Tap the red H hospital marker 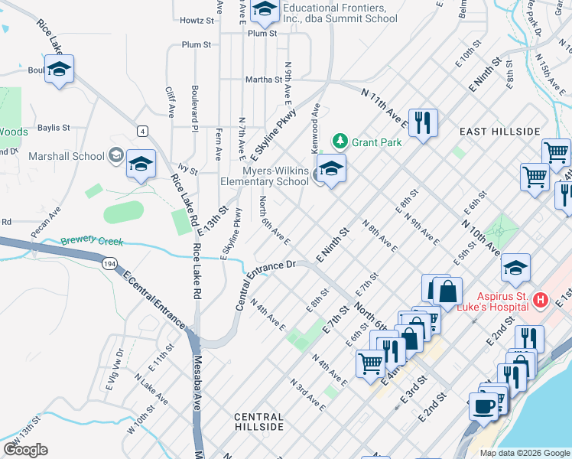tap(541, 299)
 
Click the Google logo tap(25, 450)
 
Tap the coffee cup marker tap(482, 405)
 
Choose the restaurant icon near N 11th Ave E tap(422, 122)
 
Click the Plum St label tap(262, 33)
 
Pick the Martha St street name tap(264, 79)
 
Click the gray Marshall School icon tap(115, 156)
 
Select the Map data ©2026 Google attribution tap(524, 452)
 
